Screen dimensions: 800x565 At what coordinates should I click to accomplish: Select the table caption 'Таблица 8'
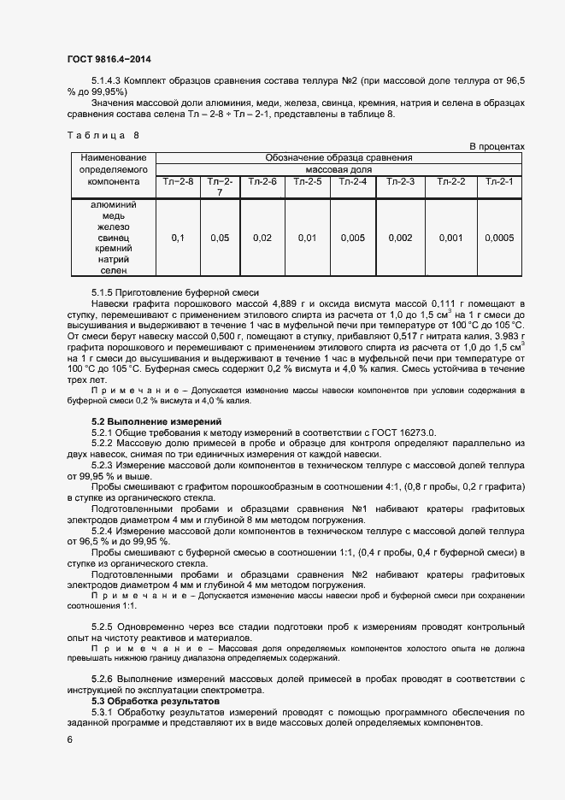(x=102, y=135)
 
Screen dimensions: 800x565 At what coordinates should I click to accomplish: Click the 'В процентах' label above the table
(x=497, y=147)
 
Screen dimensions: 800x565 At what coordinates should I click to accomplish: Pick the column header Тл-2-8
(x=178, y=181)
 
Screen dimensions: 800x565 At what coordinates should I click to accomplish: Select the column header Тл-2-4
(x=353, y=181)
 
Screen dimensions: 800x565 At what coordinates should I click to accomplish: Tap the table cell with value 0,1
(x=178, y=238)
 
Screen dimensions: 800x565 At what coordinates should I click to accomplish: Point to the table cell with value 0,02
(x=262, y=238)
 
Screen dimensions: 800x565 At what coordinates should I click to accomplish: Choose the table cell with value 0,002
(x=400, y=238)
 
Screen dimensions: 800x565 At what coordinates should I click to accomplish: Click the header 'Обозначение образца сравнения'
(x=338, y=158)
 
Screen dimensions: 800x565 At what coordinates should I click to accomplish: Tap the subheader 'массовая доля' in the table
(x=338, y=169)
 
